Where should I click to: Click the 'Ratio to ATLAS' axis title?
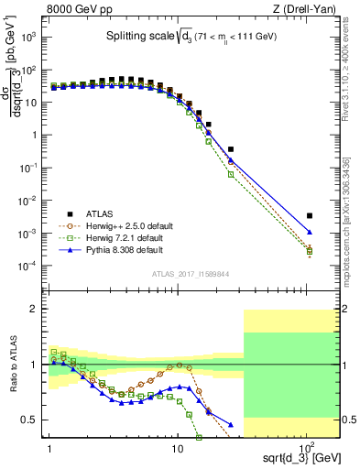(x=13, y=365)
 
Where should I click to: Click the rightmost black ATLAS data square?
(x=310, y=216)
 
